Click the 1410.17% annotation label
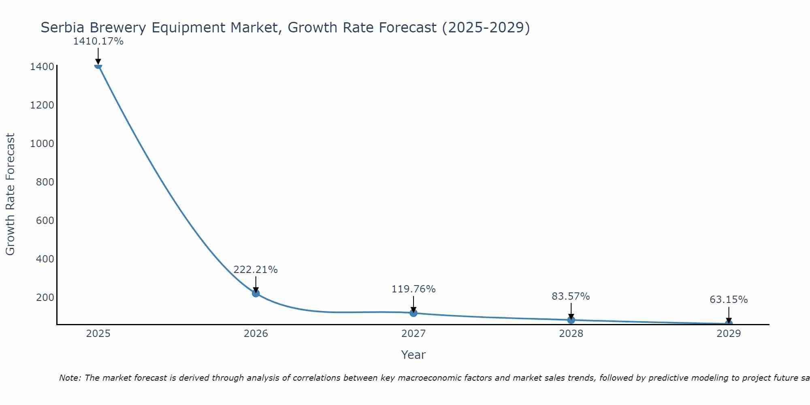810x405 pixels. point(98,41)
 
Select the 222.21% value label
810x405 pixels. point(256,270)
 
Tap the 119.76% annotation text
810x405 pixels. point(413,289)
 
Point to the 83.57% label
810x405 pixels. point(571,296)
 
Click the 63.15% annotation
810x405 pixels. point(729,300)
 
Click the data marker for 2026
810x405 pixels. point(256,293)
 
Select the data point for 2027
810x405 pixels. point(413,313)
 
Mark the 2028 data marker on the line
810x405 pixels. point(571,320)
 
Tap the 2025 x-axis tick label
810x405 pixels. point(98,334)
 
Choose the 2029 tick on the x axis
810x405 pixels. point(729,334)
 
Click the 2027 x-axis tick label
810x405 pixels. point(413,334)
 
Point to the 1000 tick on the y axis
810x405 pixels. point(42,144)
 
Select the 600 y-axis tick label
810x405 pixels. point(45,221)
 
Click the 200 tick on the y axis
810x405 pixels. point(45,298)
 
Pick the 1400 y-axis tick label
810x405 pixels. point(42,67)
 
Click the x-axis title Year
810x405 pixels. point(413,355)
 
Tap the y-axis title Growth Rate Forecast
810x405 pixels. point(10,194)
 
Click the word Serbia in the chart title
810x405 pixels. point(63,28)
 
